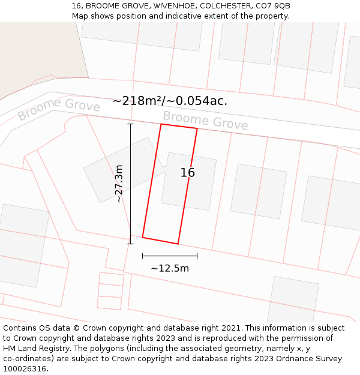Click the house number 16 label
pyautogui.click(x=188, y=173)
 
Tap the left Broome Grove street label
pyautogui.click(x=58, y=110)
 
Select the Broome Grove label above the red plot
pyautogui.click(x=205, y=121)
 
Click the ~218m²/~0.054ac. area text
pyautogui.click(x=170, y=101)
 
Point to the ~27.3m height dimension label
pyautogui.click(x=119, y=183)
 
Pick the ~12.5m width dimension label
pyautogui.click(x=170, y=268)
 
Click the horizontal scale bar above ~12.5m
pyautogui.click(x=170, y=256)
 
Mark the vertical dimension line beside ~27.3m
pyautogui.click(x=130, y=184)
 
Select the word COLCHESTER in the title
pyautogui.click(x=228, y=6)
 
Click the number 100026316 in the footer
pyautogui.click(x=25, y=369)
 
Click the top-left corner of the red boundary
pyautogui.click(x=161, y=124)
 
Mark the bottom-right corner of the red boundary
pyautogui.click(x=178, y=244)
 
